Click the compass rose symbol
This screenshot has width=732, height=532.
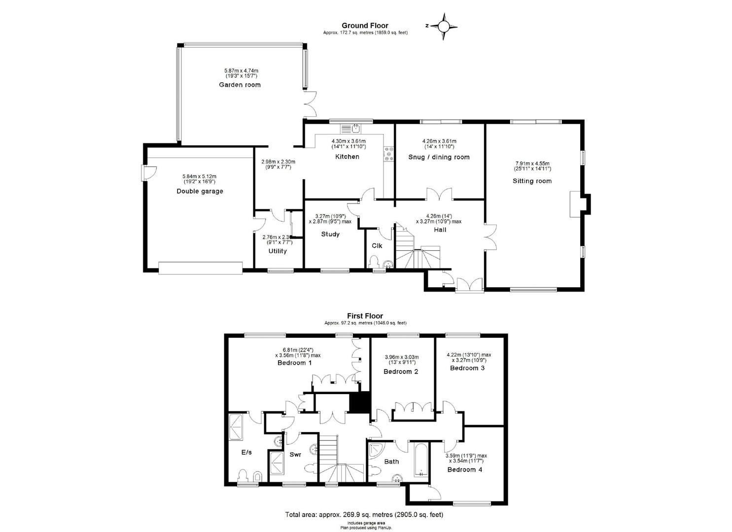click(443, 26)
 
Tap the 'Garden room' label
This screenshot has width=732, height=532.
click(240, 85)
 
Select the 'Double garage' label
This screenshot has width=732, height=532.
click(200, 191)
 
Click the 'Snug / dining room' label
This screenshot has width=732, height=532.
click(439, 157)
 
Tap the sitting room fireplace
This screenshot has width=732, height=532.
click(577, 203)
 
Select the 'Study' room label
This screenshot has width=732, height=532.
click(330, 234)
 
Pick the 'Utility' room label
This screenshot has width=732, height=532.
click(278, 251)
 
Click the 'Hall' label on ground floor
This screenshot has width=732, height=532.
click(440, 230)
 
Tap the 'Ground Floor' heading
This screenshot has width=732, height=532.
click(365, 26)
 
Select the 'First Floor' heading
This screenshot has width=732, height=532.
click(365, 316)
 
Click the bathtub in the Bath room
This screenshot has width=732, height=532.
click(421, 461)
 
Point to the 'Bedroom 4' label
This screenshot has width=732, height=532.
click(464, 469)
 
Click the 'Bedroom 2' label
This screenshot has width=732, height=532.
click(401, 371)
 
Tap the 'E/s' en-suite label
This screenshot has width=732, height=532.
click(246, 453)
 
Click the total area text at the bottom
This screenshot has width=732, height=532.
click(364, 515)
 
